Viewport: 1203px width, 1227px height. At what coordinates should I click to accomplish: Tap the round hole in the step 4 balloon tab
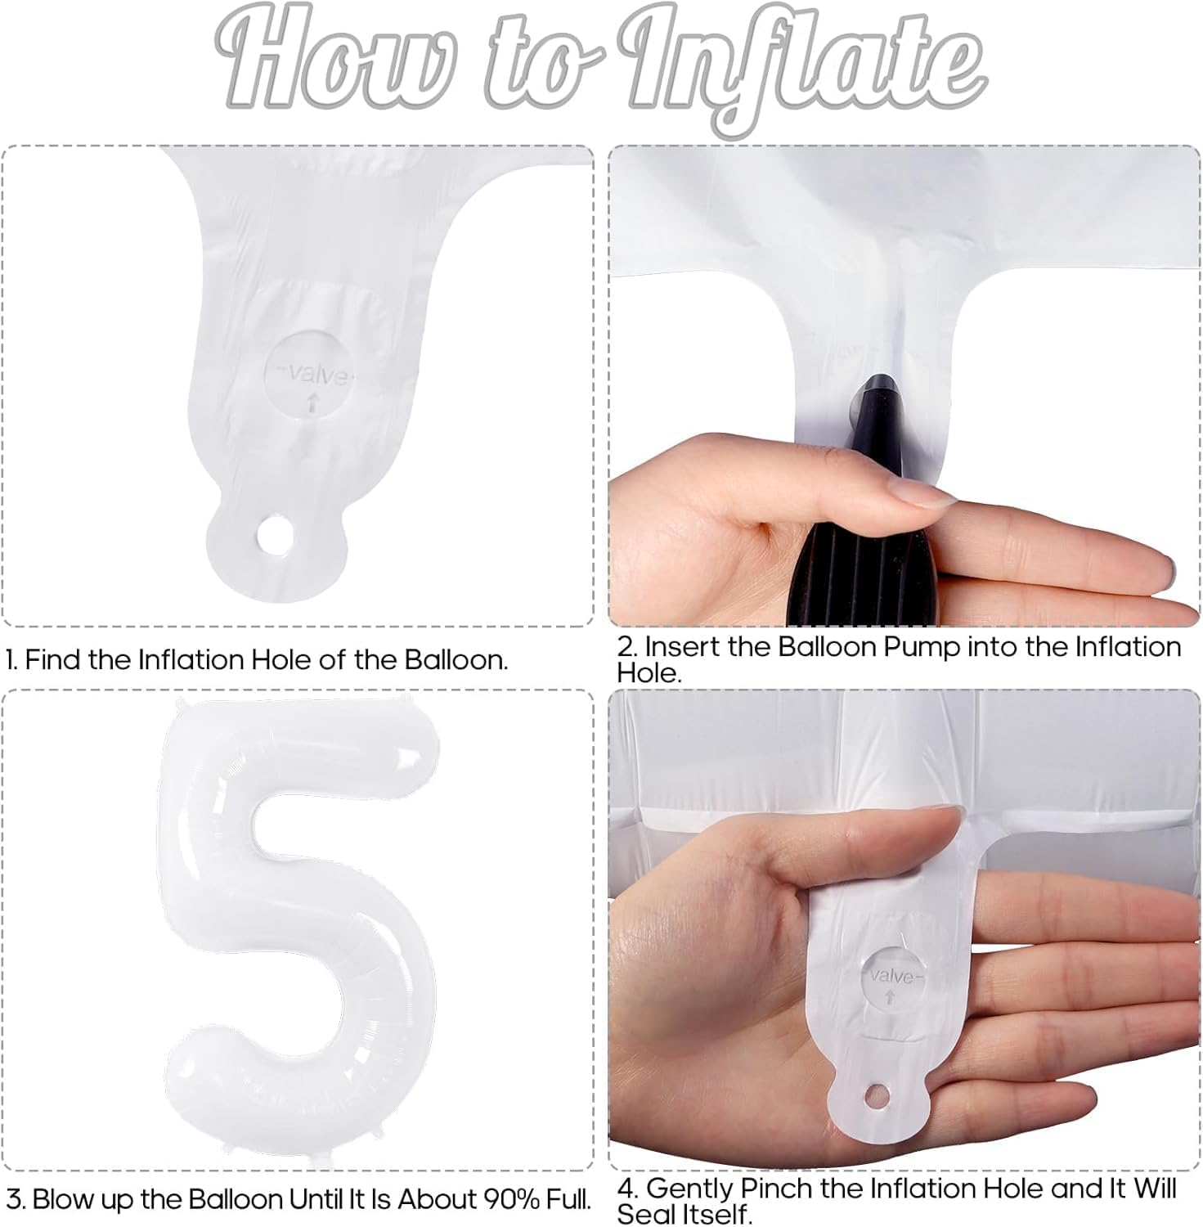tap(878, 1091)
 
